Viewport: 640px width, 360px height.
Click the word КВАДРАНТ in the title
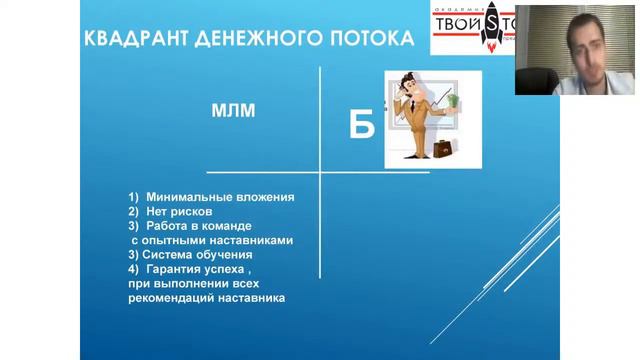pyautogui.click(x=135, y=39)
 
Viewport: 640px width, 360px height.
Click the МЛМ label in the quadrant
pyautogui.click(x=232, y=111)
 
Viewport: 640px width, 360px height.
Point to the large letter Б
pyautogui.click(x=361, y=125)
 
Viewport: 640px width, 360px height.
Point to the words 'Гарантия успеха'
pyautogui.click(x=200, y=270)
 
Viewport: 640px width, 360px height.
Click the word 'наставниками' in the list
pyautogui.click(x=250, y=241)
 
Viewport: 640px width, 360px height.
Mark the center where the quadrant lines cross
pyautogui.click(x=320, y=173)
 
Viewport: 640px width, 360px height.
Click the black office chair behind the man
pyautogui.click(x=535, y=60)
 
